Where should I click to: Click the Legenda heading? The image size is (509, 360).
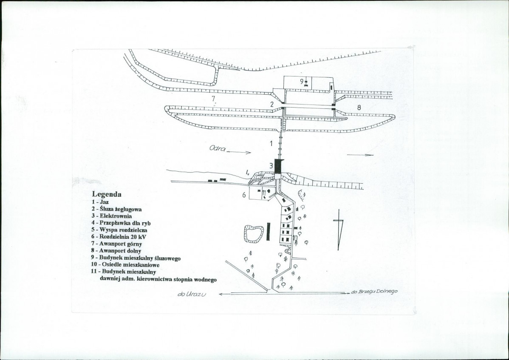click(107, 194)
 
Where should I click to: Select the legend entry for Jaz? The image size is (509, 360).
click(100, 202)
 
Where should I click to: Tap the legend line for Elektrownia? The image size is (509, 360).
click(112, 216)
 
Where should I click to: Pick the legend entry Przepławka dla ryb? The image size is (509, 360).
click(121, 223)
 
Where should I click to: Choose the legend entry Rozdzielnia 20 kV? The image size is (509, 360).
click(119, 237)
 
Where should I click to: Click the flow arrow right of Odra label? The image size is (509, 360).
click(239, 152)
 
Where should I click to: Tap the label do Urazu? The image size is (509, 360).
click(192, 294)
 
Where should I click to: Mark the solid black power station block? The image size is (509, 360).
click(279, 167)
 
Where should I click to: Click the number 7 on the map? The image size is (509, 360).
click(213, 98)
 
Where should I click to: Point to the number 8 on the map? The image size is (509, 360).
click(359, 108)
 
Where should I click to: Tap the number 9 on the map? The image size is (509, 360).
click(302, 82)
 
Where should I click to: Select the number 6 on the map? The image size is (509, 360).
click(244, 195)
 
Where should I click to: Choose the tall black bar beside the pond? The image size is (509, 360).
click(268, 232)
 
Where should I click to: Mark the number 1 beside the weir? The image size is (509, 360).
click(271, 143)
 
